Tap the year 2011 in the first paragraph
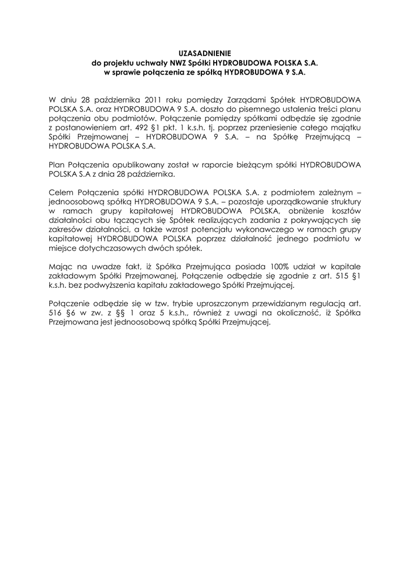[x=155, y=98]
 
